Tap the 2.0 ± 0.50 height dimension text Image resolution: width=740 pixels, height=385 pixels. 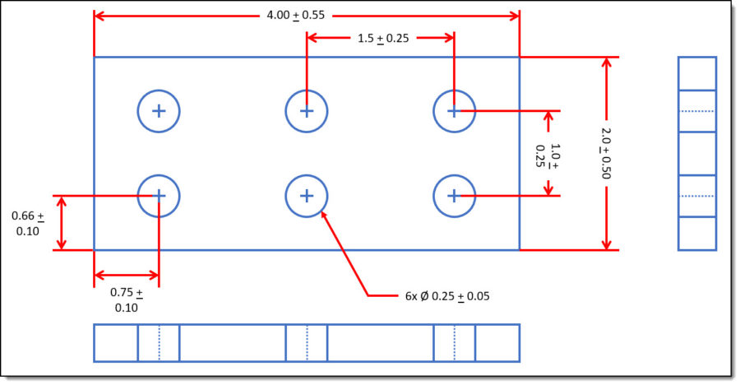(608, 153)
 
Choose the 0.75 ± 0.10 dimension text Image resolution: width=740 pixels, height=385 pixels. (127, 299)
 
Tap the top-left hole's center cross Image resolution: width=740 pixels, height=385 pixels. (159, 110)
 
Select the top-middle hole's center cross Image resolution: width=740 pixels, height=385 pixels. (307, 110)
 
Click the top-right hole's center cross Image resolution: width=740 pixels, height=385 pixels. (454, 110)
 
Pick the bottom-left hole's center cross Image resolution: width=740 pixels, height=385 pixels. (159, 196)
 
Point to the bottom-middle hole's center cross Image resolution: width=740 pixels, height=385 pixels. (307, 196)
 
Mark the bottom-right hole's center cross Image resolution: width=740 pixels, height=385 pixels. (454, 196)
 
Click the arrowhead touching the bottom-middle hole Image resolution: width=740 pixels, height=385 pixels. (323, 215)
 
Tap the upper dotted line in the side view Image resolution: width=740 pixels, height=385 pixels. (697, 110)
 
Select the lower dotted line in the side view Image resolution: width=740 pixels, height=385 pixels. (697, 196)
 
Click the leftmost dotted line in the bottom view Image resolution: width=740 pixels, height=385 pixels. (159, 343)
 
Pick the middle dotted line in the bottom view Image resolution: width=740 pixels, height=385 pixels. (307, 343)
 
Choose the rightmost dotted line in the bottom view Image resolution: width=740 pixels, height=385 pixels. (454, 343)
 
